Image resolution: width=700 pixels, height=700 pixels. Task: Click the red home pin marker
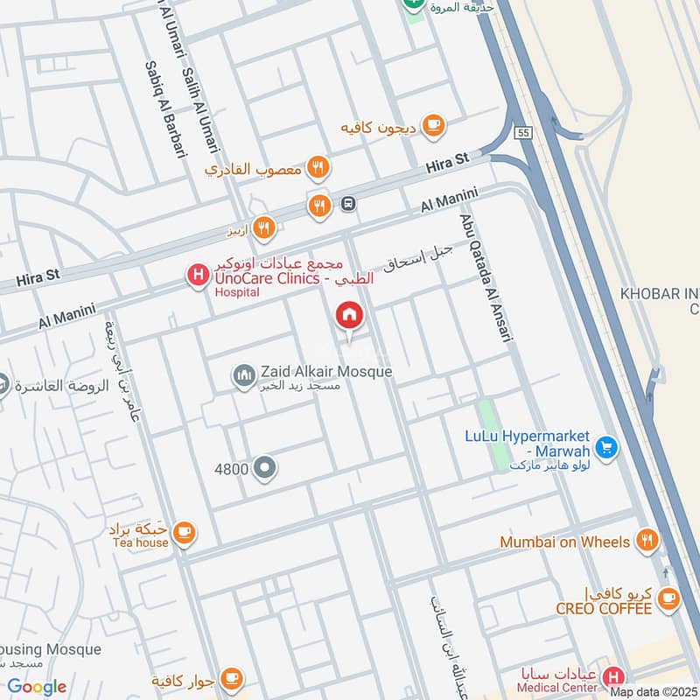coord(348,316)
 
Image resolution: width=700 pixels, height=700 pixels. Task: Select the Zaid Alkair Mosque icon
coord(244,374)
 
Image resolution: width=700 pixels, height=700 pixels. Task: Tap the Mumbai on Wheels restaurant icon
coord(647,541)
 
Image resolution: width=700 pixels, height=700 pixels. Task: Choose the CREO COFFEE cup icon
coord(669,598)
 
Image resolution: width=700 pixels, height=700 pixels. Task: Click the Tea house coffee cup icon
coord(184,531)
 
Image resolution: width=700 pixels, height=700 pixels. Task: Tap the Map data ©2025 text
coord(653,692)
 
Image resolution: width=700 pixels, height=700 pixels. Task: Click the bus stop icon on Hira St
coord(348,204)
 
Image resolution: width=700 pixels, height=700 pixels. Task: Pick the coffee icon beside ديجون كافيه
coord(432,125)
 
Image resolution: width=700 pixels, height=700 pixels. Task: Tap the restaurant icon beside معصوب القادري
coord(318,167)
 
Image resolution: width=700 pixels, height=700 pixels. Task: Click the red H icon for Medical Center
coord(614,678)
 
